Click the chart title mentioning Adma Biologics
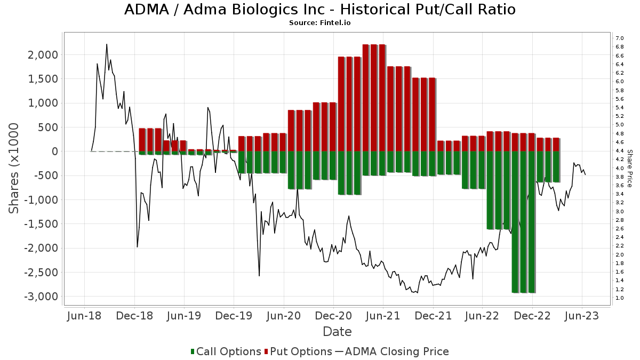coord(320,10)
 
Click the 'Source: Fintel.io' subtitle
coord(320,23)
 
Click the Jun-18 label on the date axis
coord(84,316)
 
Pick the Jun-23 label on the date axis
coord(582,316)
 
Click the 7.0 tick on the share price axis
coord(620,38)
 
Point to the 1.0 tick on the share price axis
coord(620,298)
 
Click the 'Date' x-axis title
coord(337,332)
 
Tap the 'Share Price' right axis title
coord(630,168)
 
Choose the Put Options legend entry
coord(301,351)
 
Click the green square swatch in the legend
coord(193,351)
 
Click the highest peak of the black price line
coord(107,44)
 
